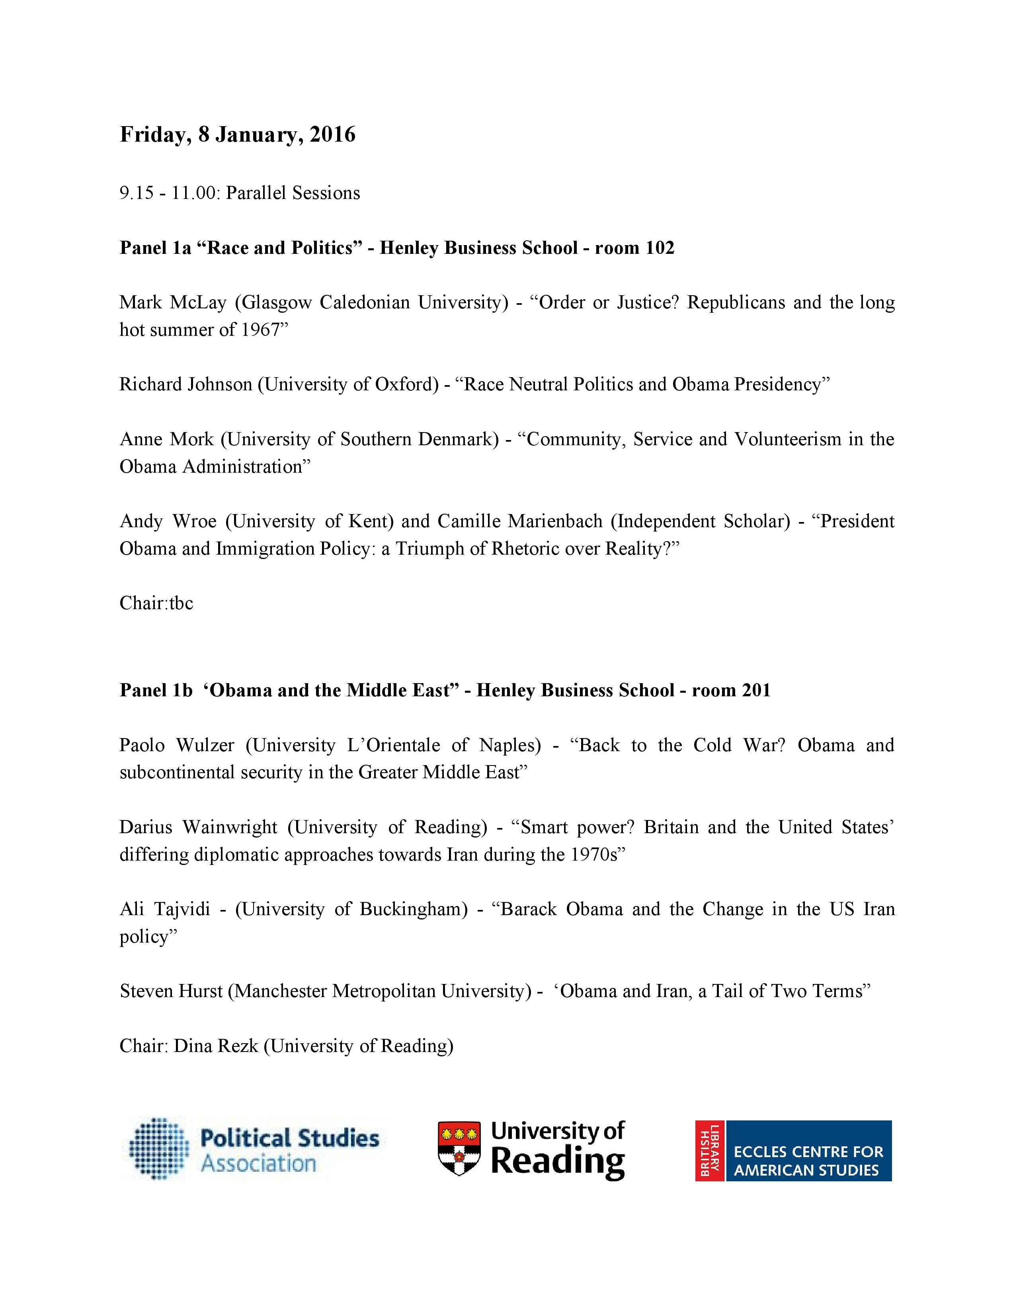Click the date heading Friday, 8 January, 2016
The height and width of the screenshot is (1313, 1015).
tap(238, 134)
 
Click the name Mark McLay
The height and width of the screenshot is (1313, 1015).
tap(173, 302)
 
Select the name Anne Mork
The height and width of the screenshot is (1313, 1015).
tap(166, 439)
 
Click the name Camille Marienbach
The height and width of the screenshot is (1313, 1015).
tap(519, 521)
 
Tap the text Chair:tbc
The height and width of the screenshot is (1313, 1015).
tap(156, 603)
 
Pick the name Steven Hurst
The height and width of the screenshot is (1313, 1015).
tap(172, 991)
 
